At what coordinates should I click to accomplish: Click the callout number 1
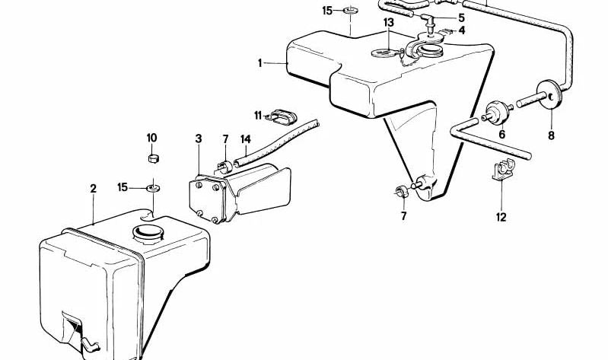click(x=260, y=63)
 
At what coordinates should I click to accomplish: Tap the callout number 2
click(x=93, y=189)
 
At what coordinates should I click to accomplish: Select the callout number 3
click(x=199, y=139)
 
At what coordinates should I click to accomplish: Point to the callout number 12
click(x=501, y=217)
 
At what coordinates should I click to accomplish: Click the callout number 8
click(x=551, y=135)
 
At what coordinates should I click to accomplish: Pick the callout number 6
click(x=502, y=134)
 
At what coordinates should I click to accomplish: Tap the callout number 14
click(x=246, y=139)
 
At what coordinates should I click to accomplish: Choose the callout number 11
click(x=258, y=115)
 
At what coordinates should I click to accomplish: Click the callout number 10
click(x=151, y=138)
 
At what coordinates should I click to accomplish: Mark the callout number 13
click(x=389, y=23)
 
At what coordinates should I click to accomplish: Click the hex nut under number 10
click(x=154, y=158)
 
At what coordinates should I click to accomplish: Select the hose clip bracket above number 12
click(x=502, y=170)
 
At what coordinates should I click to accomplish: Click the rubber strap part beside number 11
click(x=282, y=117)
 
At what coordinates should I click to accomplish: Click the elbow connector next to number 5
click(x=428, y=18)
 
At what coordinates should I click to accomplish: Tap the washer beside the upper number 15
click(x=351, y=9)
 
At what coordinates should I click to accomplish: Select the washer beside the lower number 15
click(x=153, y=189)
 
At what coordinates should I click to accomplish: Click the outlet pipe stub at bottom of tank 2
click(x=90, y=346)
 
